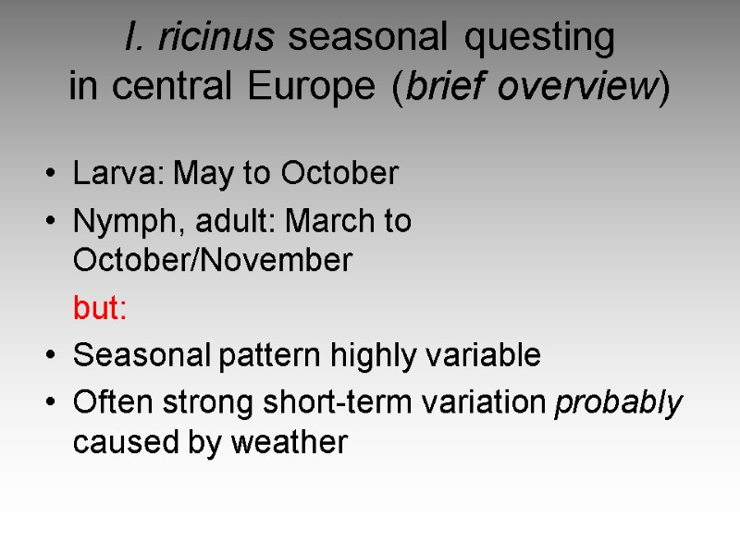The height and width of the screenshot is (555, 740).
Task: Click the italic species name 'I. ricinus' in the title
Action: tap(198, 38)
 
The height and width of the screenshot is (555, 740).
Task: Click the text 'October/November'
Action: tap(212, 262)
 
